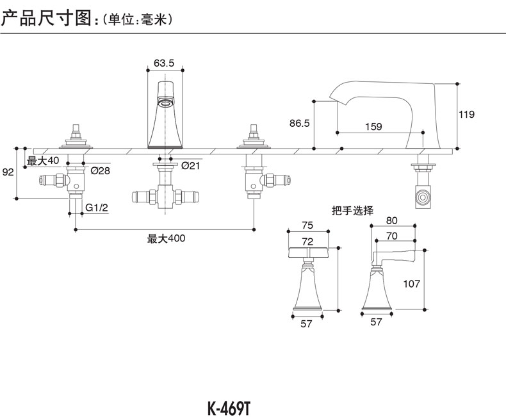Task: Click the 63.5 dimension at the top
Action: point(164,63)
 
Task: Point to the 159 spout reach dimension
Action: point(373,127)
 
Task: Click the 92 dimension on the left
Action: point(8,172)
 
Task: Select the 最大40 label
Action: point(43,160)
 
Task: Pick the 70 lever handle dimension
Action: point(392,236)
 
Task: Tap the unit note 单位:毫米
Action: point(138,20)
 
